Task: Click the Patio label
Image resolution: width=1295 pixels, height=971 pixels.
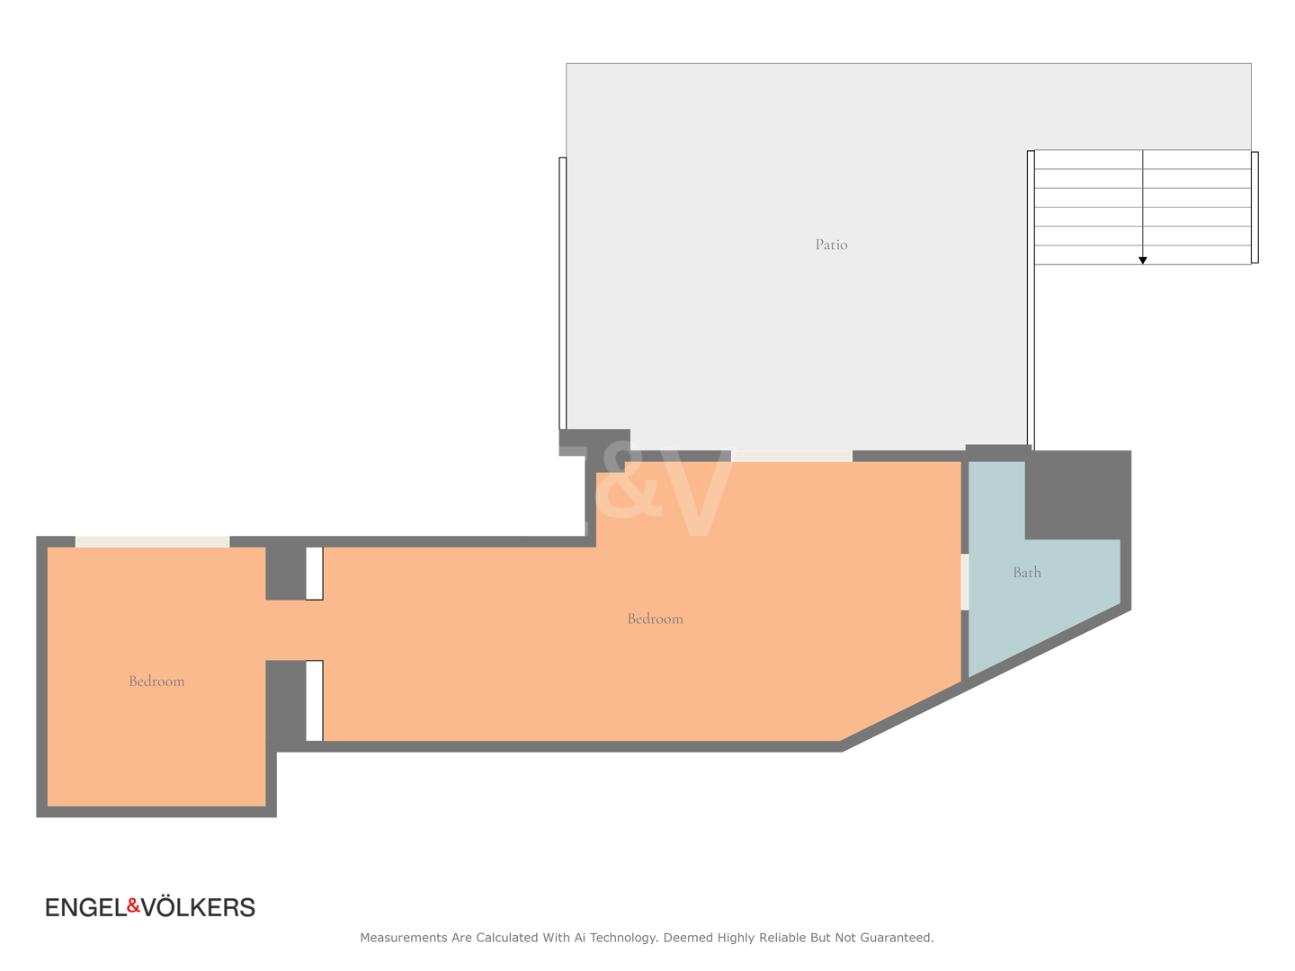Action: (x=831, y=244)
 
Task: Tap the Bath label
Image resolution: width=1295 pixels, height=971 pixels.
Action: (x=1027, y=572)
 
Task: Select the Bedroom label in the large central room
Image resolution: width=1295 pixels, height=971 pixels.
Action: (x=655, y=619)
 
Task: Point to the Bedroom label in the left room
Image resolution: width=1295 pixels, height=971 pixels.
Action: (x=156, y=681)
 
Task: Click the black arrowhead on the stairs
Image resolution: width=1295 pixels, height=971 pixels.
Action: (x=1142, y=260)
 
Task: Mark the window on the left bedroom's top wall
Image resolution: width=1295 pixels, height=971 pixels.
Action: (x=152, y=541)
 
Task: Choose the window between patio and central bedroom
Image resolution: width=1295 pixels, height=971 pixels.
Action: (x=791, y=456)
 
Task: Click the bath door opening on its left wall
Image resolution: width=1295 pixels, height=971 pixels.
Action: (x=965, y=582)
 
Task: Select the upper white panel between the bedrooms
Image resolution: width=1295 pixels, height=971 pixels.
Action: (x=314, y=573)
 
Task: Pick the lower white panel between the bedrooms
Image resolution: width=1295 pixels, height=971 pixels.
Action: (x=314, y=700)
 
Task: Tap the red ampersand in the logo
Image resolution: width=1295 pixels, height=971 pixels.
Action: (x=133, y=904)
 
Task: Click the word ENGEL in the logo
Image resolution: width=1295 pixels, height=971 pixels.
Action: (x=86, y=907)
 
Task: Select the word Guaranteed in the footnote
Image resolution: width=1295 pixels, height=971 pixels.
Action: (x=897, y=938)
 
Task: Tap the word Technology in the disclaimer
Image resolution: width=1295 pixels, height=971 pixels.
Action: (x=623, y=938)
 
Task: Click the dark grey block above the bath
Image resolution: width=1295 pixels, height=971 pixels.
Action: (x=1077, y=494)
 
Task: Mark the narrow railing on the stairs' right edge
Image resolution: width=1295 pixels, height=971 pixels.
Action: (x=1255, y=207)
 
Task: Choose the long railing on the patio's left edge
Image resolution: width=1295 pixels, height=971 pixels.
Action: (x=562, y=293)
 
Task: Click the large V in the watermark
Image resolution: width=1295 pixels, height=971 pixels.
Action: (x=699, y=498)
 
